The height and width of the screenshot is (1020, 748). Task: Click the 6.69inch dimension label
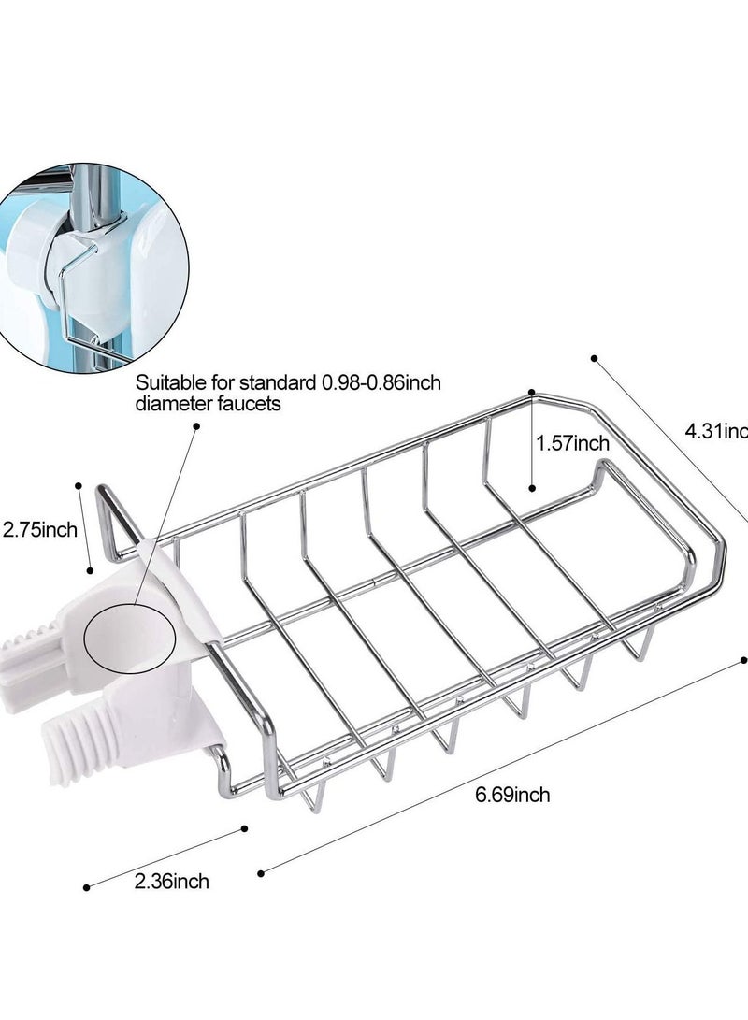[511, 796]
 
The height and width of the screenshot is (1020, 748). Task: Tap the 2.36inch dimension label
[171, 880]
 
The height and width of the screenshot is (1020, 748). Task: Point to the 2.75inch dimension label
[39, 531]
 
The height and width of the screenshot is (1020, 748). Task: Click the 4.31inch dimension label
[715, 431]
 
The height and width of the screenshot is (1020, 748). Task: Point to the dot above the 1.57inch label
[531, 392]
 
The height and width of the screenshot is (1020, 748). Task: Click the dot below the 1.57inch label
[531, 487]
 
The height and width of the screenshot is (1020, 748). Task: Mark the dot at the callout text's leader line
[196, 425]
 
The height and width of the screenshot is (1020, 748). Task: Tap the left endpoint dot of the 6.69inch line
[260, 873]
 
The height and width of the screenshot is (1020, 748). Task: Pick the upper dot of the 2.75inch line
[79, 486]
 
